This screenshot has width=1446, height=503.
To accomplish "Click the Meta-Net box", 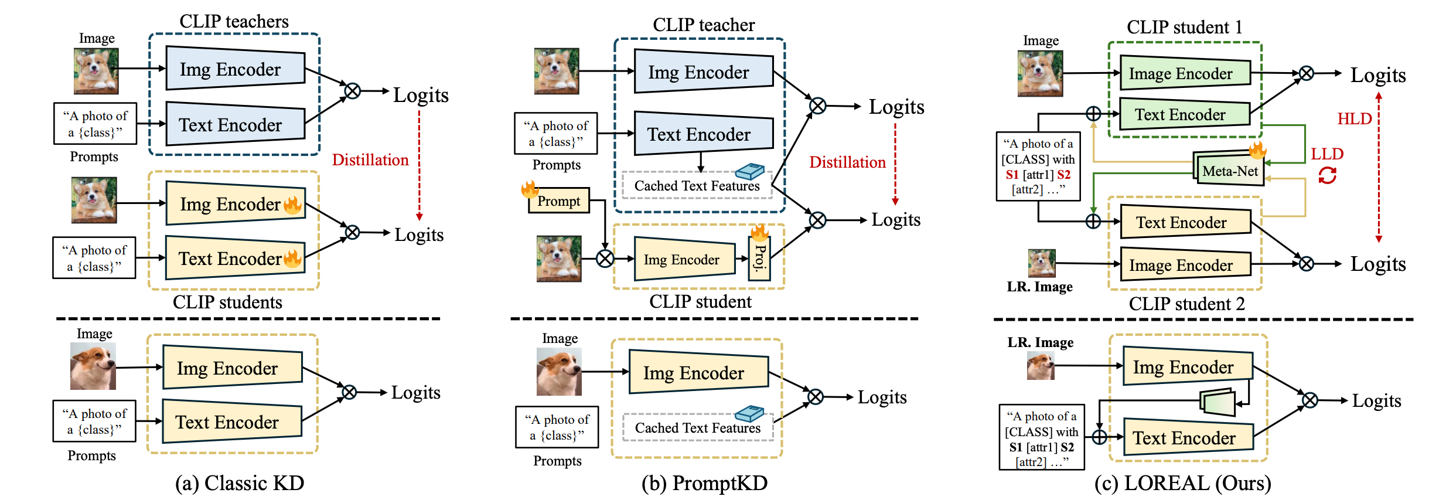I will click(x=1230, y=171).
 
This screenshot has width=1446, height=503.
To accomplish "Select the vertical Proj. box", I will click(x=759, y=259).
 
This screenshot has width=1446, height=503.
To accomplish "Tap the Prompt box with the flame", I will click(x=559, y=201).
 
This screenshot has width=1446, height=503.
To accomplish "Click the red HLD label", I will click(x=1354, y=119).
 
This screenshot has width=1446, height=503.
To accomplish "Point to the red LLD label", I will click(x=1326, y=154).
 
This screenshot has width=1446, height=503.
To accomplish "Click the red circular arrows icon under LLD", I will click(x=1327, y=175).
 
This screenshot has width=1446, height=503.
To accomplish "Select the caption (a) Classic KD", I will click(x=240, y=483).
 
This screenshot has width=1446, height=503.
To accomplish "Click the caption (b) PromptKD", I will click(x=704, y=483).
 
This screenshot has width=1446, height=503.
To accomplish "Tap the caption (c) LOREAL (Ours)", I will click(x=1182, y=483).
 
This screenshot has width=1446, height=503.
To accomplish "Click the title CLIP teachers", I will click(x=234, y=22).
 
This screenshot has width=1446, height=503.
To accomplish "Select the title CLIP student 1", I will click(x=1184, y=28).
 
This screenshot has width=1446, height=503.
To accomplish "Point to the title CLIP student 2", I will click(x=1186, y=304).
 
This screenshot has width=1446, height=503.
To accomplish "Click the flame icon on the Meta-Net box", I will click(x=1257, y=151).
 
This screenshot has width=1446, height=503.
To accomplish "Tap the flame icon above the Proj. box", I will click(x=759, y=233).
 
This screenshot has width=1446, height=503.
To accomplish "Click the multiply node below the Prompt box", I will click(x=605, y=258).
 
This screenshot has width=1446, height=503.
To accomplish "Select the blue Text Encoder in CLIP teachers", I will click(x=235, y=124).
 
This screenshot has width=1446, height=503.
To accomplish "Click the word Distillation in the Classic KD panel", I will click(x=370, y=160).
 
